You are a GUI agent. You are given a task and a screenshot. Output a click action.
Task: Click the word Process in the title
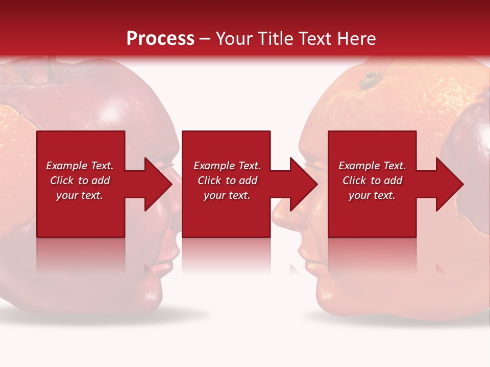click(x=160, y=39)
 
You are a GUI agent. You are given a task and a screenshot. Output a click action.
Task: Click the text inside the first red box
click(x=80, y=180)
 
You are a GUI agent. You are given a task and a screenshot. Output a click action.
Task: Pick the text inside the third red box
click(x=372, y=180)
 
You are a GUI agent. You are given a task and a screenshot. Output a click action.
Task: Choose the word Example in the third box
click(x=359, y=166)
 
